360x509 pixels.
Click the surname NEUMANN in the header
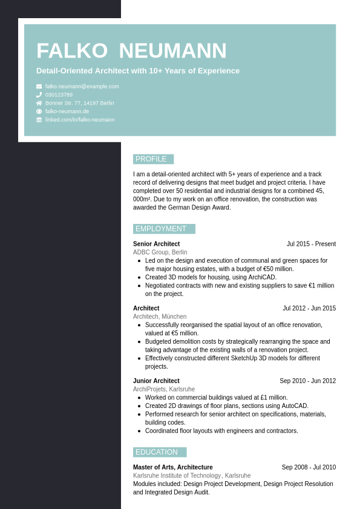(172, 51)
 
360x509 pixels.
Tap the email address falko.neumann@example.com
(82, 87)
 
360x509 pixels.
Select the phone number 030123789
(59, 95)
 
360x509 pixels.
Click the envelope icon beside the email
(39, 87)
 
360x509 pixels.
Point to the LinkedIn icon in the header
(39, 120)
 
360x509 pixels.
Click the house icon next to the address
(39, 103)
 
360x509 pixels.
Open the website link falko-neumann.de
(67, 111)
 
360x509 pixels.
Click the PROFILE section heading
(151, 159)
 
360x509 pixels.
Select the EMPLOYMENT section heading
(161, 229)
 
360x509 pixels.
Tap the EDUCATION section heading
(157, 452)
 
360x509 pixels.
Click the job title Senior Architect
(156, 244)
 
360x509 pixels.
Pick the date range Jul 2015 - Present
(311, 244)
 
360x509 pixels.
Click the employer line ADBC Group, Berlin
(160, 252)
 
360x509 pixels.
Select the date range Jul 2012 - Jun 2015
(309, 308)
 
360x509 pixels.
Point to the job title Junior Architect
(156, 381)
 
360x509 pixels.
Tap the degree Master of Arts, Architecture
(173, 467)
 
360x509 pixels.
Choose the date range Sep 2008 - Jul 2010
(309, 467)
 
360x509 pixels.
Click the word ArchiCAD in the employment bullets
(262, 277)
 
